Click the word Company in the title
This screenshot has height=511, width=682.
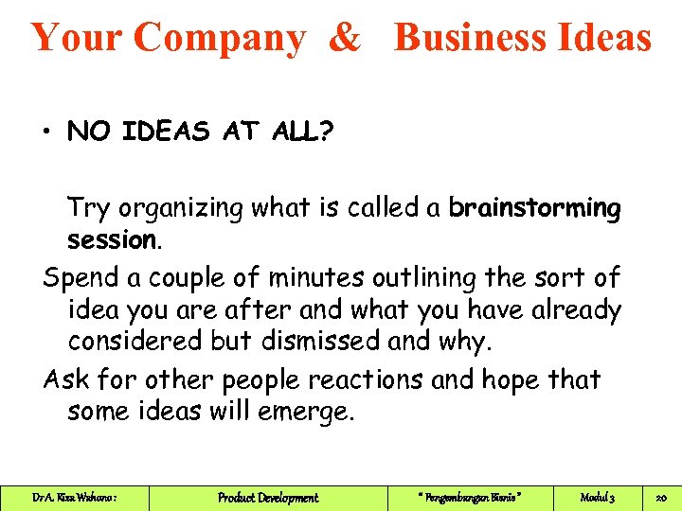click(219, 38)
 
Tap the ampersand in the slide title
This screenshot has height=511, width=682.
click(346, 38)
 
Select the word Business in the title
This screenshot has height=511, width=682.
click(467, 38)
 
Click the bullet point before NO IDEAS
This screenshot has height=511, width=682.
click(45, 132)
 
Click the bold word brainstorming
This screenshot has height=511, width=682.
click(535, 208)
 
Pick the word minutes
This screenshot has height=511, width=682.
click(313, 278)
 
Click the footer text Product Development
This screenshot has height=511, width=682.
click(268, 498)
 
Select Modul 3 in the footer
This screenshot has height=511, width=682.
click(598, 498)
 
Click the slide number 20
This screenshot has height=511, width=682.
click(661, 498)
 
